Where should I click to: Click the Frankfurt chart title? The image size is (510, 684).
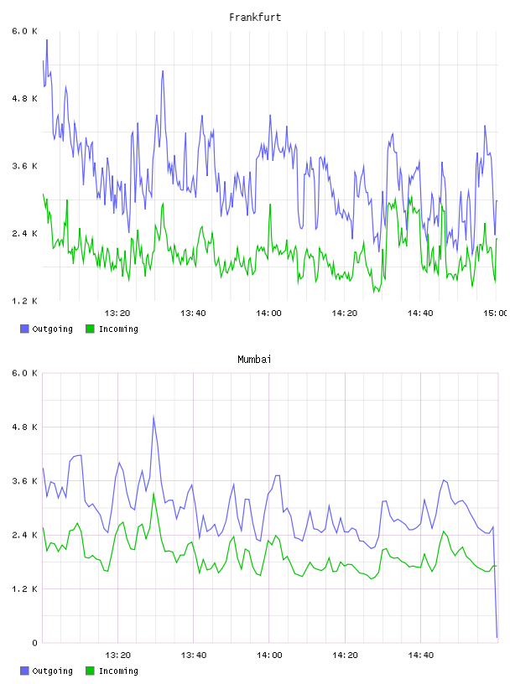pyautogui.click(x=255, y=18)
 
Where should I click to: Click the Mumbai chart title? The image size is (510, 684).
pyautogui.click(x=254, y=360)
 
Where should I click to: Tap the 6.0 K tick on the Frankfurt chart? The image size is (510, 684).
pyautogui.click(x=25, y=31)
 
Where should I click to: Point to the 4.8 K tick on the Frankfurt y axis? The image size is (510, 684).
pyautogui.click(x=25, y=99)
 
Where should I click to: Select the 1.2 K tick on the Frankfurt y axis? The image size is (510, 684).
pyautogui.click(x=25, y=301)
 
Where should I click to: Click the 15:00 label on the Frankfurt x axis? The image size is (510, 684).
pyautogui.click(x=496, y=313)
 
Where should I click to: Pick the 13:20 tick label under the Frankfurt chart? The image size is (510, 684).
pyautogui.click(x=117, y=313)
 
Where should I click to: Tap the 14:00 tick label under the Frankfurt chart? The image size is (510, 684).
pyautogui.click(x=269, y=313)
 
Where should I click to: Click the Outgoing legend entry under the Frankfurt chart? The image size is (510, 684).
pyautogui.click(x=47, y=329)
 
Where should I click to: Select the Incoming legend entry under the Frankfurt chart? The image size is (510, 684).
pyautogui.click(x=112, y=329)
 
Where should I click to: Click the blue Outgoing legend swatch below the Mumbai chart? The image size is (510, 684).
pyautogui.click(x=24, y=671)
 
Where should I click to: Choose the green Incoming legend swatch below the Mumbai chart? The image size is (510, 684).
pyautogui.click(x=90, y=671)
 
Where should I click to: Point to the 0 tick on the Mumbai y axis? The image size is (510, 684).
pyautogui.click(x=34, y=643)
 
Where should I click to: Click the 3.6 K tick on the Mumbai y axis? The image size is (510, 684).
pyautogui.click(x=25, y=481)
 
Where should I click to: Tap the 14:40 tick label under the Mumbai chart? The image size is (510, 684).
pyautogui.click(x=421, y=655)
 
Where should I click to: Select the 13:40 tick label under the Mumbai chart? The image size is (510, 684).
pyautogui.click(x=194, y=655)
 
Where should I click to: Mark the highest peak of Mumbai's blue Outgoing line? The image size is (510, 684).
pyautogui.click(x=154, y=417)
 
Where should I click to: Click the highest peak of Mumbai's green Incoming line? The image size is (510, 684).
pyautogui.click(x=154, y=494)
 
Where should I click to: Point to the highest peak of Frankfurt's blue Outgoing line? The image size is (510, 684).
pyautogui.click(x=47, y=39)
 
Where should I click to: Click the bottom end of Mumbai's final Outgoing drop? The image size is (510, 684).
pyautogui.click(x=497, y=637)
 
